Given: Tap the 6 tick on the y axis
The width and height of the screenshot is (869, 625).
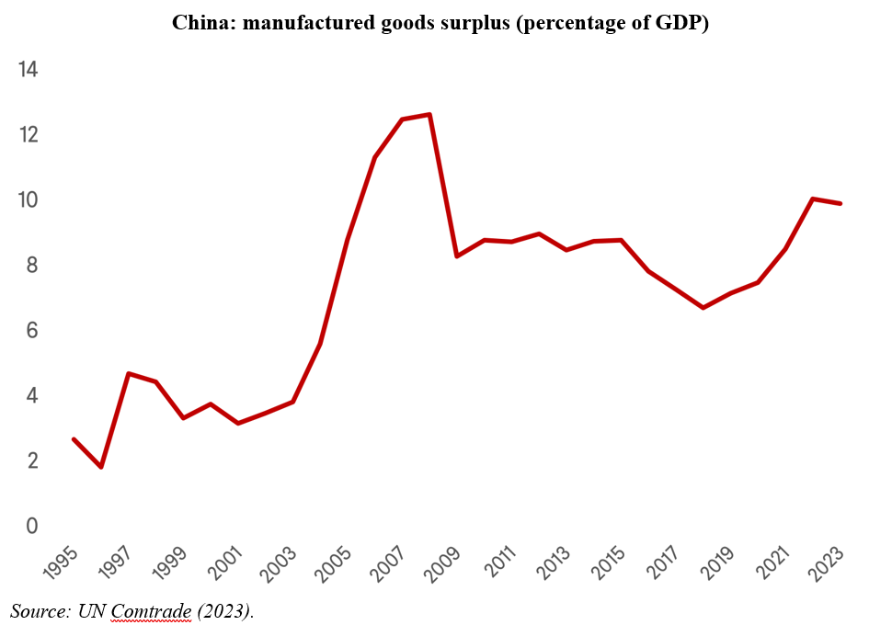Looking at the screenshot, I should pyautogui.click(x=31, y=331).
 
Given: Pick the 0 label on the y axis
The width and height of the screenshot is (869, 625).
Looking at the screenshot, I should pyautogui.click(x=31, y=527).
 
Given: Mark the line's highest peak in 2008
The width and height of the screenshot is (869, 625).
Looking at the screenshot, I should pyautogui.click(x=429, y=115).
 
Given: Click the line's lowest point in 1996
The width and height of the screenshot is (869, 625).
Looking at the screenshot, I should pyautogui.click(x=101, y=467).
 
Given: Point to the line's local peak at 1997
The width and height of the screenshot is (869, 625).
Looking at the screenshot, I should pyautogui.click(x=129, y=373).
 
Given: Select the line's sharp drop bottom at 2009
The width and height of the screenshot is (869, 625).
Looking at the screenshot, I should pyautogui.click(x=457, y=256).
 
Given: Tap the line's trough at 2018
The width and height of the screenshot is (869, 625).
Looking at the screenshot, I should pyautogui.click(x=703, y=307).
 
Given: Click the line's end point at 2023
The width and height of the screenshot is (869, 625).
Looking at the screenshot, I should pyautogui.click(x=840, y=203).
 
